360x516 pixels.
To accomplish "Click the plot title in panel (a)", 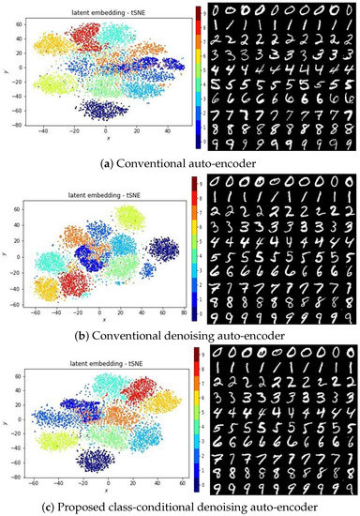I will point(105,12).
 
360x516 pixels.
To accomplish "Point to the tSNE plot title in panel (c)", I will point(105,357).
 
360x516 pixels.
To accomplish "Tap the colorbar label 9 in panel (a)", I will point(202,8).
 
